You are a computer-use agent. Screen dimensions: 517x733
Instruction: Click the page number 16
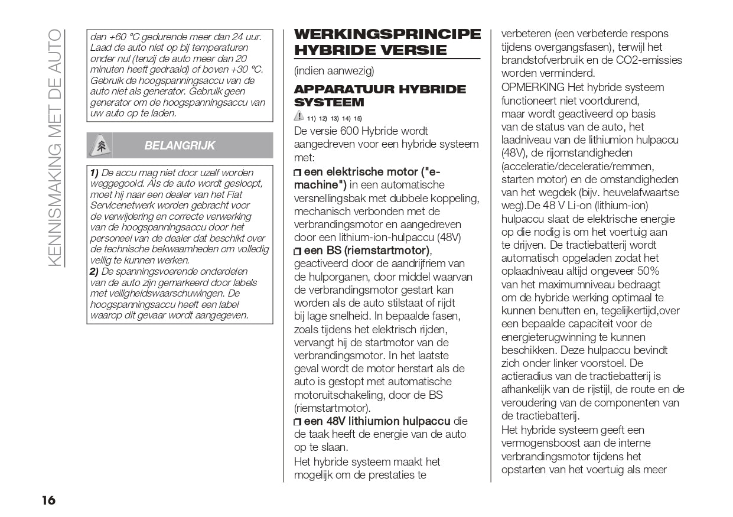coord(48,500)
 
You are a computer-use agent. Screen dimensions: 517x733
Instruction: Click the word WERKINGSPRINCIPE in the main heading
coord(387,34)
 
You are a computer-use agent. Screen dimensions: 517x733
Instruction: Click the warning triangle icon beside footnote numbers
coord(299,117)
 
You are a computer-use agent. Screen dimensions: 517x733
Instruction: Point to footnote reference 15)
coord(358,118)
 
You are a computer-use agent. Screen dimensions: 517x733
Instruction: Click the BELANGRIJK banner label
coord(180,145)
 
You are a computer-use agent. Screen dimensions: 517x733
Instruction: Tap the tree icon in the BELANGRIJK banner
coord(100,145)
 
